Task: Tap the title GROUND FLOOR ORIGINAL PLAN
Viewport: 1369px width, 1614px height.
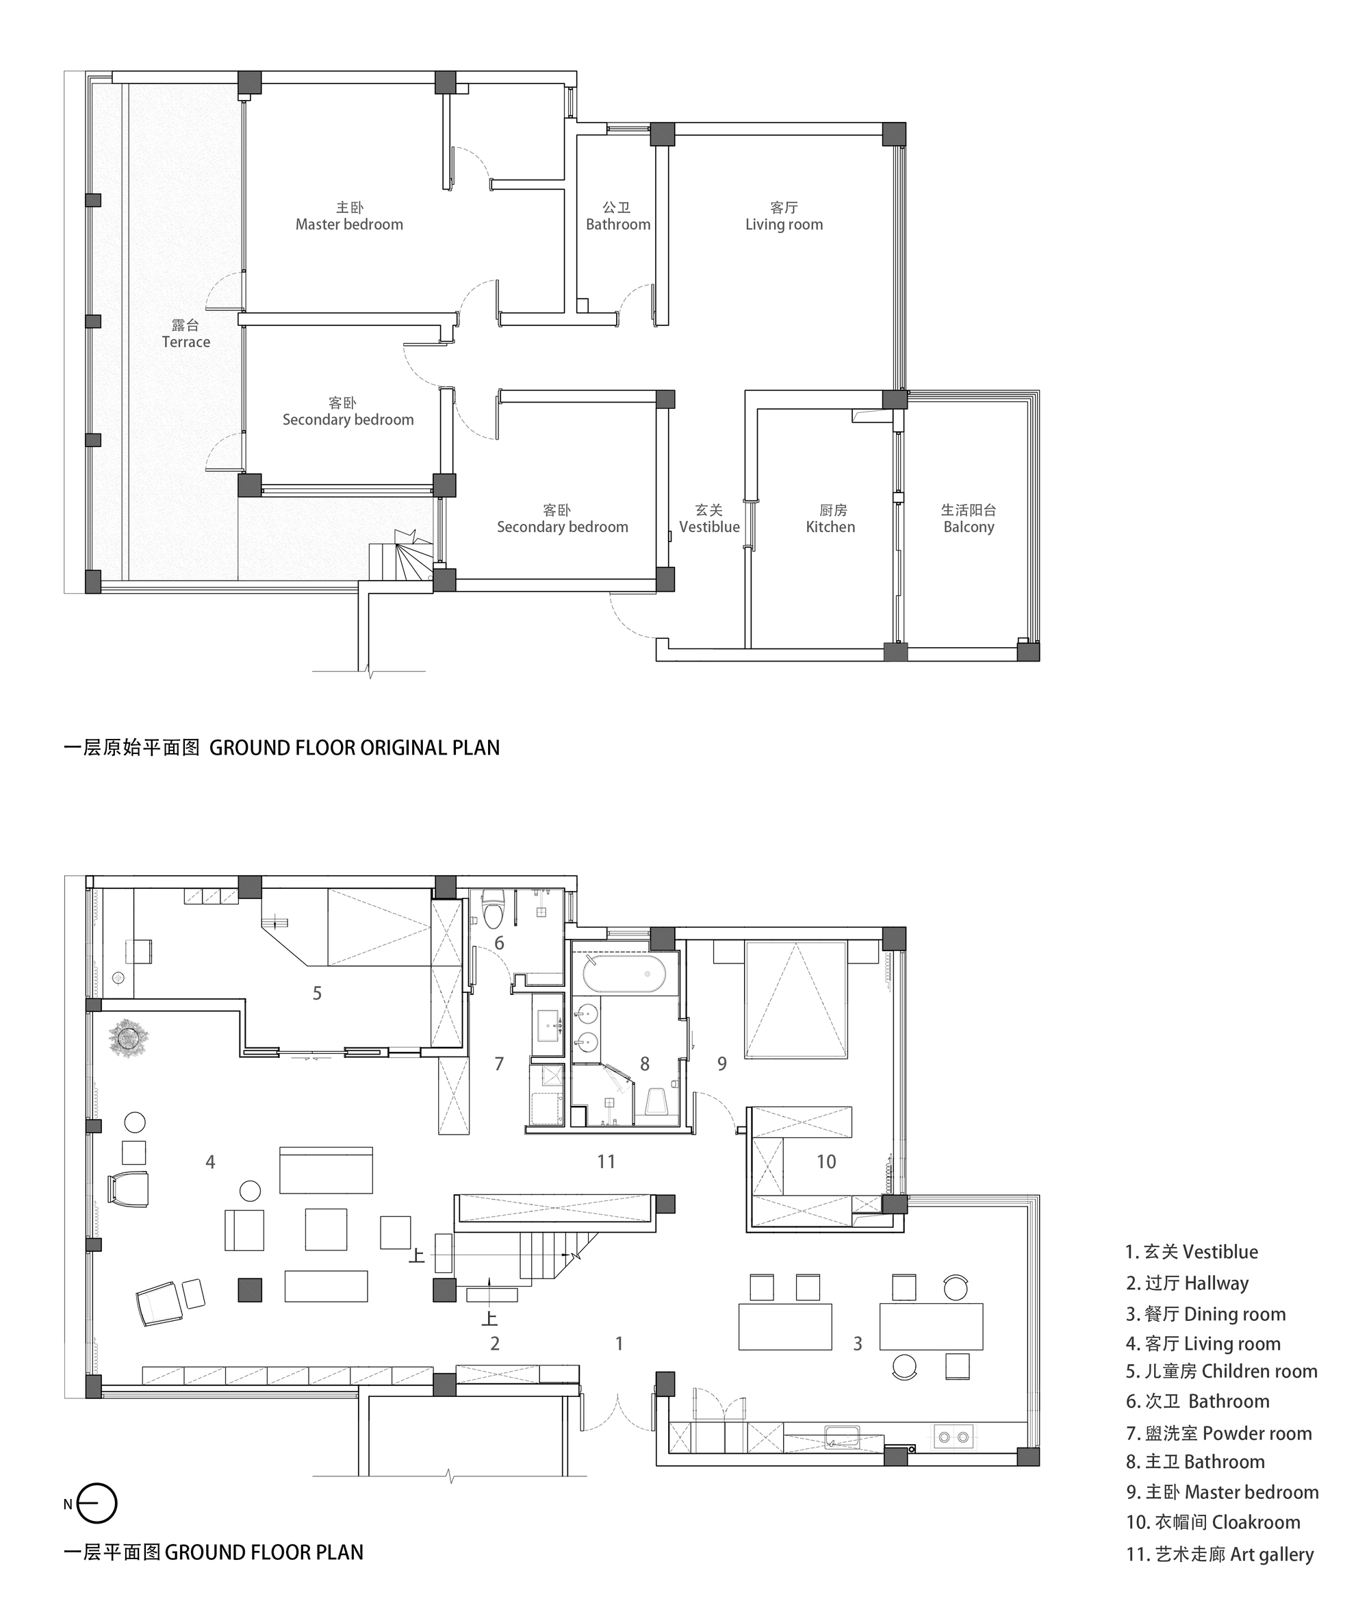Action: [x=355, y=748]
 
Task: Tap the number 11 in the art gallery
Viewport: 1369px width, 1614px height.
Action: [x=606, y=1161]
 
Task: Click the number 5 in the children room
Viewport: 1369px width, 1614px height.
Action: [x=317, y=993]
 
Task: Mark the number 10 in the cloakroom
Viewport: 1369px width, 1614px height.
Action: [x=826, y=1161]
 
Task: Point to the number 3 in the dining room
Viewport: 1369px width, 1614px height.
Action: [x=858, y=1343]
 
